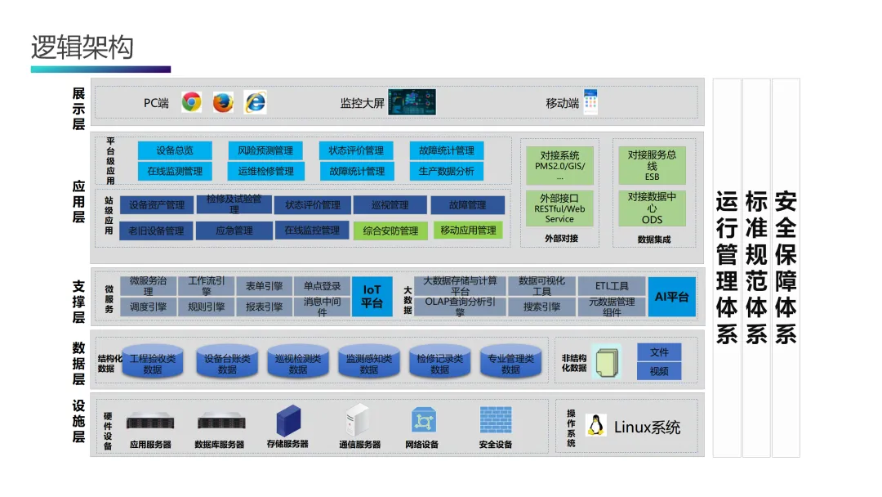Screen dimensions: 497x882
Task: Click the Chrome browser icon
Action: click(x=191, y=102)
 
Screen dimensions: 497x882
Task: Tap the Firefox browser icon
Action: click(x=223, y=102)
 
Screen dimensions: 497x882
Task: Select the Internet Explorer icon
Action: click(x=256, y=102)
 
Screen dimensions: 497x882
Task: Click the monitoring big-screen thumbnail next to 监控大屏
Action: click(x=412, y=102)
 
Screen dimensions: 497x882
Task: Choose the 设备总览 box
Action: click(x=175, y=150)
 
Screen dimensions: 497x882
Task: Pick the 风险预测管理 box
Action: click(x=265, y=150)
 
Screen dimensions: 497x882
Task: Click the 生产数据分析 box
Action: click(x=446, y=171)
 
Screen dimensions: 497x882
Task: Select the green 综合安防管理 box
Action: click(x=390, y=231)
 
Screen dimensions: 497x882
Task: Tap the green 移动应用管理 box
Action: click(x=468, y=231)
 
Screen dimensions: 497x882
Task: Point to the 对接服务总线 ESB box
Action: click(x=652, y=165)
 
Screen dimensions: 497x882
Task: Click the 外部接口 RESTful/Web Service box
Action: click(x=559, y=208)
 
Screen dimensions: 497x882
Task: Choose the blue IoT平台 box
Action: click(x=372, y=296)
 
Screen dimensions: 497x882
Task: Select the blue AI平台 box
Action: click(x=672, y=297)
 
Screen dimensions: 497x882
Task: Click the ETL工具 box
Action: click(x=612, y=286)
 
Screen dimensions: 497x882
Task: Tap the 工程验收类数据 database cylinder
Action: click(x=153, y=363)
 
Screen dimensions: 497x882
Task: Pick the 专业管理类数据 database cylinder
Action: click(x=510, y=363)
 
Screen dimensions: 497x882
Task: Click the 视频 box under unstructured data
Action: click(x=659, y=371)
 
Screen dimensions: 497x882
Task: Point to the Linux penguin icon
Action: click(x=596, y=425)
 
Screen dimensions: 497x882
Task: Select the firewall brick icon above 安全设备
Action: click(x=495, y=420)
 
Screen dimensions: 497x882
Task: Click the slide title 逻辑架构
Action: click(x=82, y=47)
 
